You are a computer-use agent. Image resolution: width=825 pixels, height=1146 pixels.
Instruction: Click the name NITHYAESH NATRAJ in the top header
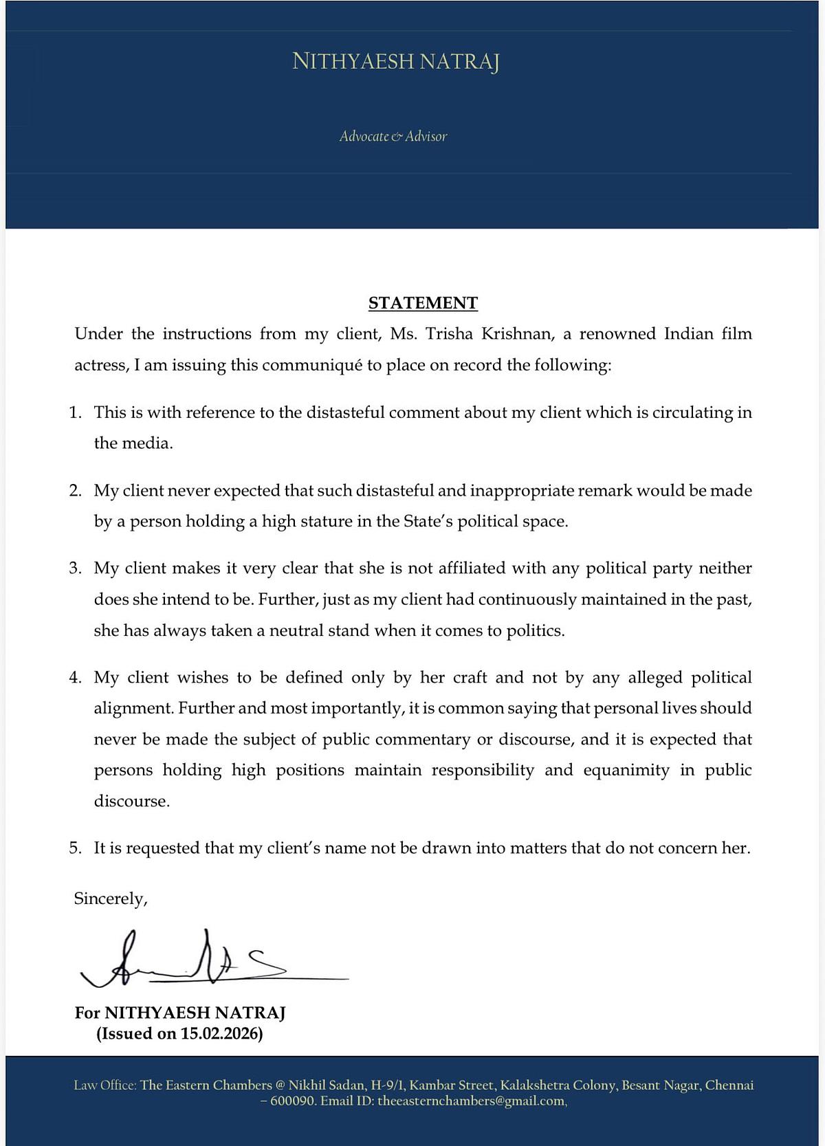coord(395,62)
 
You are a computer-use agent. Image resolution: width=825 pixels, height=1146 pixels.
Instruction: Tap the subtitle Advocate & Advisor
coord(393,136)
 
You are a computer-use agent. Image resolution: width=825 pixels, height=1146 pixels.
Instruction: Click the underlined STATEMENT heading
coord(423,303)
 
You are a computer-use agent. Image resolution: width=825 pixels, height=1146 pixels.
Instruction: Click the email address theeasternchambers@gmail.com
coord(471,1101)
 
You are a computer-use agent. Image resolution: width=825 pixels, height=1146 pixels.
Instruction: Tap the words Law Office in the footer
coord(104,1086)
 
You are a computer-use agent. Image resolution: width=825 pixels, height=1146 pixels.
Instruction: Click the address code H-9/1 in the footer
coord(388,1086)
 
